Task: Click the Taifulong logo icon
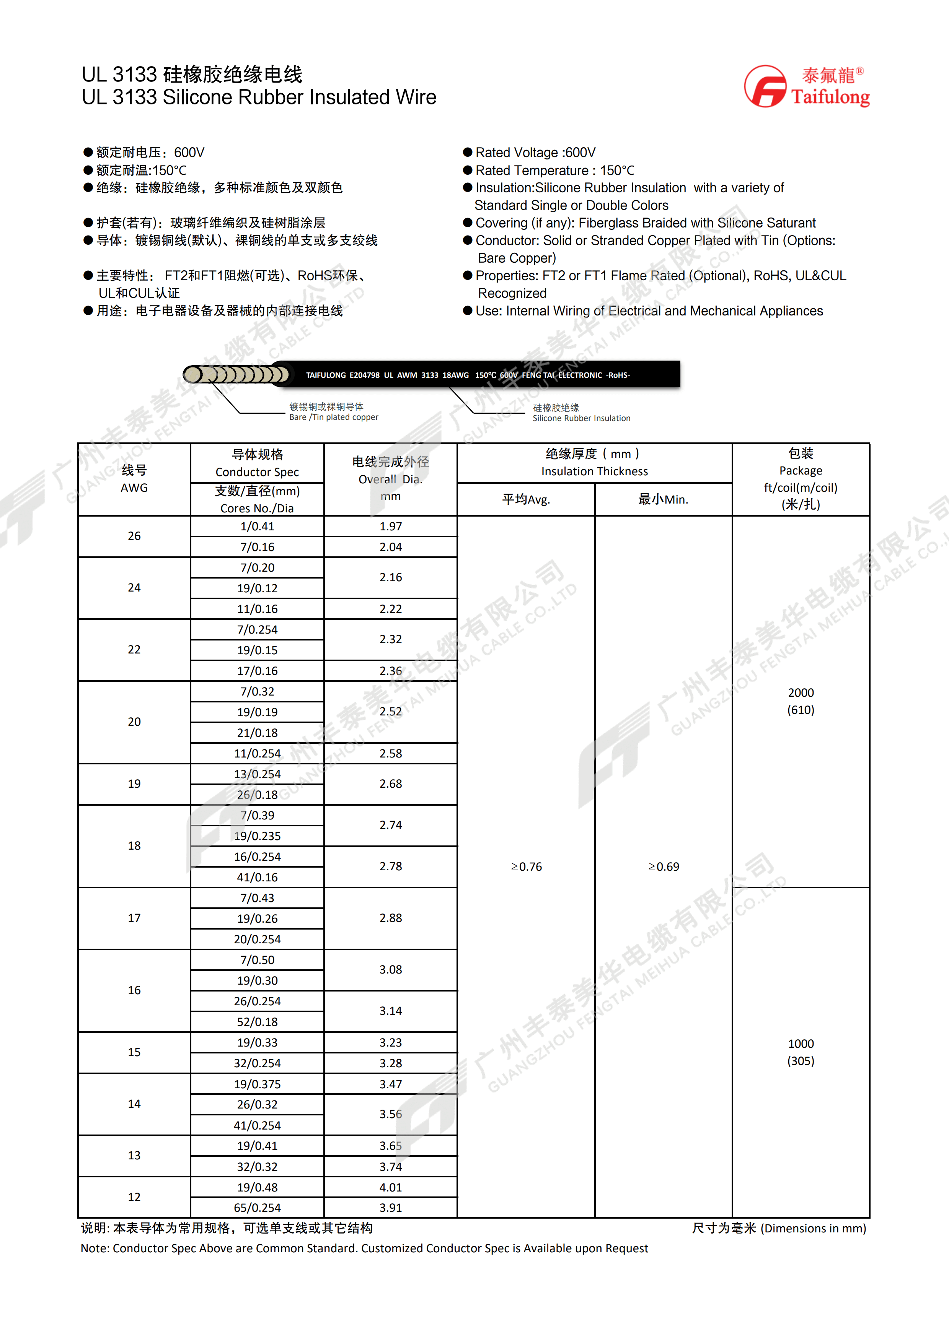pos(765,86)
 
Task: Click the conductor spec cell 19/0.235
pos(257,836)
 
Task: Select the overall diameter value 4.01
pos(390,1187)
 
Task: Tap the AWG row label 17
pos(134,918)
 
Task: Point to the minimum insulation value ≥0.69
pos(663,867)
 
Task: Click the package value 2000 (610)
pos(801,701)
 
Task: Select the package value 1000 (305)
pos(801,1052)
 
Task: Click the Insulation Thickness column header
pos(594,463)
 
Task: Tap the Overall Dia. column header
pos(390,478)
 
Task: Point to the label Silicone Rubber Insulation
pos(581,418)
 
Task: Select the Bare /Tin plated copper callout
pos(334,417)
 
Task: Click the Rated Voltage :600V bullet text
pos(535,153)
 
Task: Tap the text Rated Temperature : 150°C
pos(554,171)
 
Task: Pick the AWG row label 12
pos(134,1197)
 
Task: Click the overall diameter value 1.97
pos(390,526)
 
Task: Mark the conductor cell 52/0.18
pos(257,1021)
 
